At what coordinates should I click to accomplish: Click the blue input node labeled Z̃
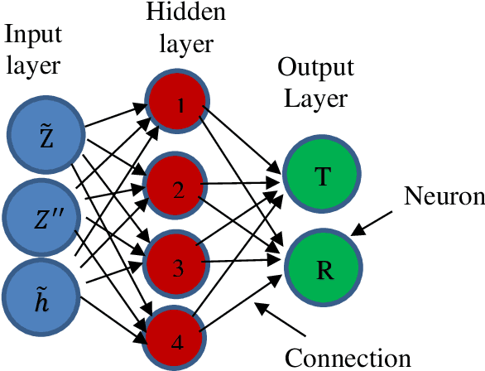coord(45,136)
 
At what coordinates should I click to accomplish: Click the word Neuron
coord(444,196)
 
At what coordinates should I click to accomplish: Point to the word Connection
coord(348,357)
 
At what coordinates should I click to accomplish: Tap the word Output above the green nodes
coord(315,67)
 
